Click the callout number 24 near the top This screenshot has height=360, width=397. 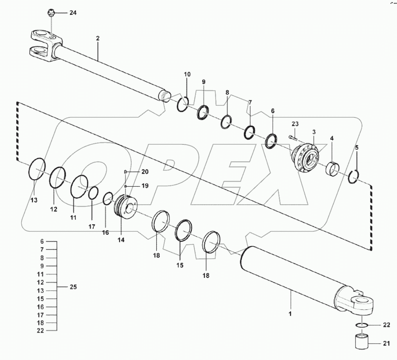point(73,13)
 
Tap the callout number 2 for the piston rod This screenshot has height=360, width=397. point(97,38)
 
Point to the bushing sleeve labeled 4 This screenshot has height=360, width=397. point(334,169)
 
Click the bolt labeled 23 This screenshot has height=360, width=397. point(292,137)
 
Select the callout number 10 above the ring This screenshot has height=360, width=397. point(187,74)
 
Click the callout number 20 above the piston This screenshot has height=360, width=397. point(134,172)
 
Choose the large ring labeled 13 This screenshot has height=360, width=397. point(37,169)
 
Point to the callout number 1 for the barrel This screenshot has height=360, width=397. point(291,313)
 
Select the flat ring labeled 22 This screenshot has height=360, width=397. point(362,325)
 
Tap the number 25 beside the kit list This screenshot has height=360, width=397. point(73,287)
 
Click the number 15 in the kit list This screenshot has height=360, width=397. point(42,299)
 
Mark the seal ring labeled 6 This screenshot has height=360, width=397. point(272,141)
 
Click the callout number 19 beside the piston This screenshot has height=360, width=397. point(134,186)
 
